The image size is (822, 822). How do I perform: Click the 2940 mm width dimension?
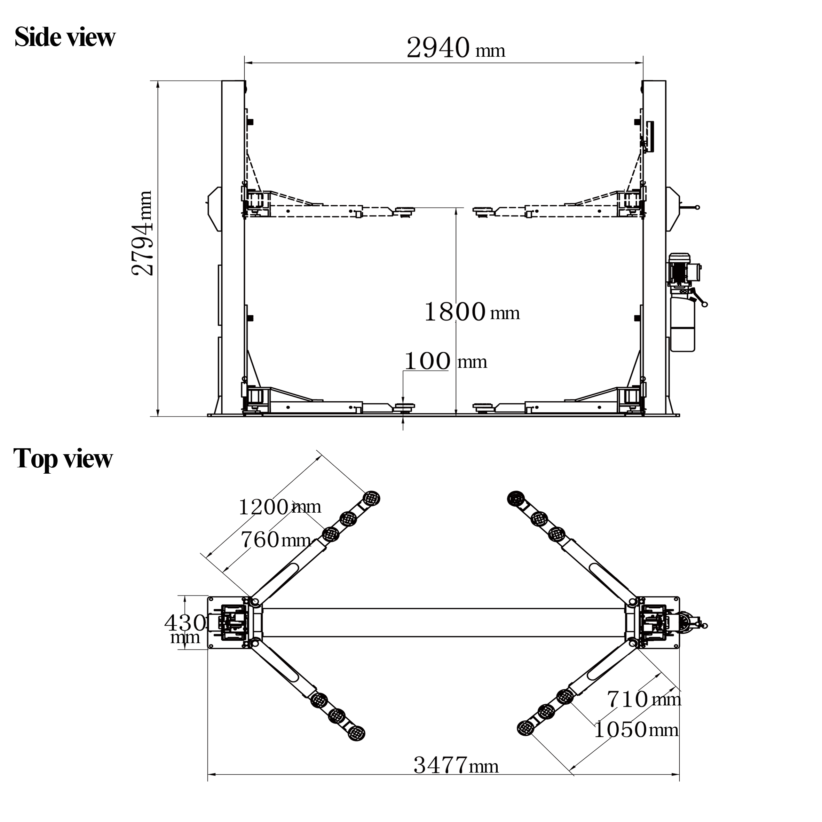pos(456,48)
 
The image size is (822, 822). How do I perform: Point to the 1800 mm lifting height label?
pos(472,312)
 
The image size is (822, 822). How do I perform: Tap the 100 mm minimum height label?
pos(445,361)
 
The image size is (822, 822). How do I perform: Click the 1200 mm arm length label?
pos(279,507)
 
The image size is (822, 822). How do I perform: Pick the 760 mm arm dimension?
pos(276,540)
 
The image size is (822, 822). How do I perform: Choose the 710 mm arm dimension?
pos(644,699)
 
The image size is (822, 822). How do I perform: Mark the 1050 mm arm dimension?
pos(636,730)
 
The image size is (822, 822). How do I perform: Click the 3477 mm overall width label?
pos(456,765)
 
